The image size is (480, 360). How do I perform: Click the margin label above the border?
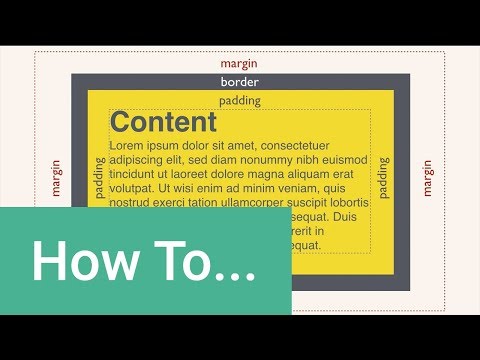239,62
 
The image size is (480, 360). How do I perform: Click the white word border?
239,82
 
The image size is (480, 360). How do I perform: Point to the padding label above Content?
239,101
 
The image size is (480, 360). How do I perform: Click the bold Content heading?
163,123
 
